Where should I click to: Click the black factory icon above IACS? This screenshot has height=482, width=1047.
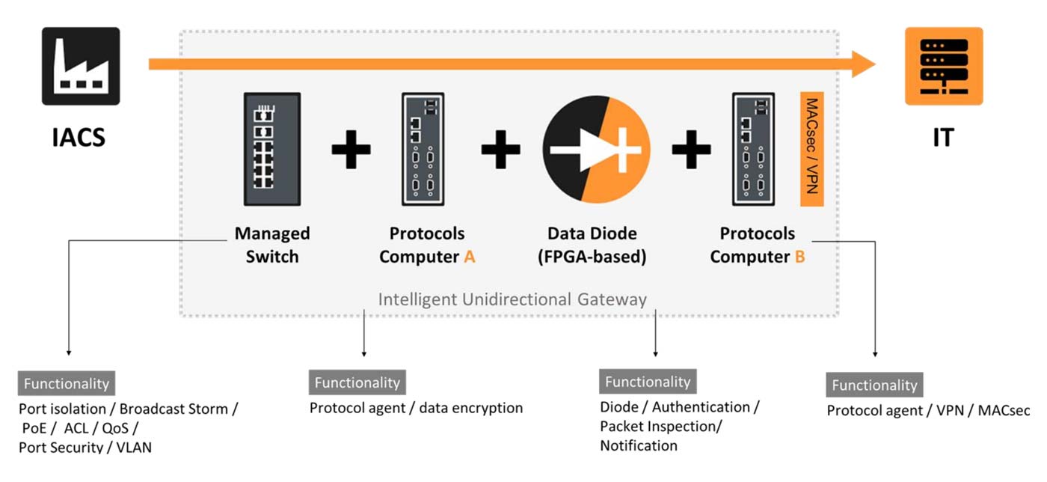pyautogui.click(x=80, y=66)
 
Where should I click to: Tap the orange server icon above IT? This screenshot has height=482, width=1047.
pyautogui.click(x=943, y=66)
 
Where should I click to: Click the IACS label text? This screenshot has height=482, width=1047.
pyautogui.click(x=79, y=138)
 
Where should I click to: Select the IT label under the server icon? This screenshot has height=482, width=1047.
pyautogui.click(x=943, y=138)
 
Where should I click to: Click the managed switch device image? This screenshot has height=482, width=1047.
pyautogui.click(x=271, y=149)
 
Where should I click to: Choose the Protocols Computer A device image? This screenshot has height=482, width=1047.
pyautogui.click(x=423, y=149)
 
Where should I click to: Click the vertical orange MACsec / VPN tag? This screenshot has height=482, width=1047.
pyautogui.click(x=811, y=149)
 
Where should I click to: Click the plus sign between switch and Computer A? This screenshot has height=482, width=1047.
pyautogui.click(x=351, y=149)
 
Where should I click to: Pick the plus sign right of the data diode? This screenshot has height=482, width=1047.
pyautogui.click(x=691, y=149)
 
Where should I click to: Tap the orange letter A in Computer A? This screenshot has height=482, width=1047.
pyautogui.click(x=469, y=257)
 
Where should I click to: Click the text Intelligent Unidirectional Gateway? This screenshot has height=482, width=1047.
pyautogui.click(x=512, y=299)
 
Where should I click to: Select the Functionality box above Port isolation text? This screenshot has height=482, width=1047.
pyautogui.click(x=67, y=384)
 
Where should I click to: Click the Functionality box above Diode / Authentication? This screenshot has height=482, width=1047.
pyautogui.click(x=648, y=382)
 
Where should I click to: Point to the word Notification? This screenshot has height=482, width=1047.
pyautogui.click(x=639, y=445)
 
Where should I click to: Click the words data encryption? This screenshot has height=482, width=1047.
pyautogui.click(x=470, y=408)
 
